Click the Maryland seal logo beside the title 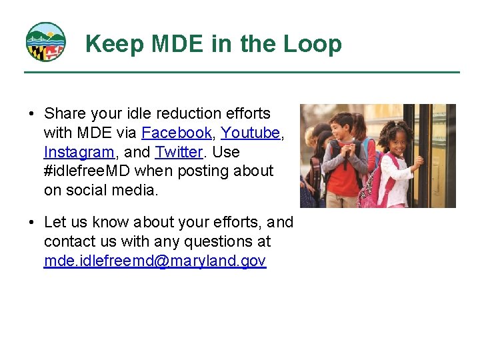[x=45, y=42]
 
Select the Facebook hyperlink [x=177, y=133]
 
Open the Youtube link [x=250, y=133]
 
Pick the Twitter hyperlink [x=179, y=152]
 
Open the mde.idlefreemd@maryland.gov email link [x=155, y=261]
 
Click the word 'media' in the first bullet [x=134, y=190]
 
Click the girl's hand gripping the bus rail [x=419, y=161]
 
